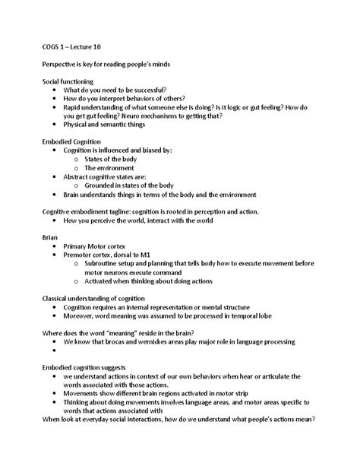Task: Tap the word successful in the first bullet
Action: pyautogui.click(x=154, y=90)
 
